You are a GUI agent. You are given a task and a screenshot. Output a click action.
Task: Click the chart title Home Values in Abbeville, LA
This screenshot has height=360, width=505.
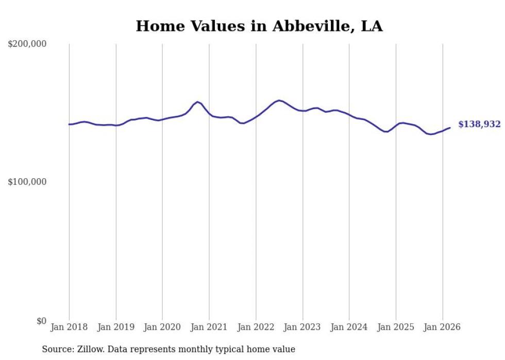[259, 26]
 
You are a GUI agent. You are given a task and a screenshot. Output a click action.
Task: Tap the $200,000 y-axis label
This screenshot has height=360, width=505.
[27, 44]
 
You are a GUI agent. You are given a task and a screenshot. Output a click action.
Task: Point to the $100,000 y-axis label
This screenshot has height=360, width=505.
[27, 182]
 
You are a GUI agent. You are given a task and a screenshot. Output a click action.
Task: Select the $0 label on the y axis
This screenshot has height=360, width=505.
[41, 321]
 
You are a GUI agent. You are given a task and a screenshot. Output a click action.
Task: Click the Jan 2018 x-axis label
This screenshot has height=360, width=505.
[69, 327]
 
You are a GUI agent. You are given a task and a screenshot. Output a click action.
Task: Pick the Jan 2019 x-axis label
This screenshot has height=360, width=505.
[116, 327]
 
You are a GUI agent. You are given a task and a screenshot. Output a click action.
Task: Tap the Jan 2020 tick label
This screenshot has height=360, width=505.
[162, 327]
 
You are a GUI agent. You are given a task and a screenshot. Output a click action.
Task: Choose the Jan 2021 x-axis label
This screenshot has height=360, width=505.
[209, 327]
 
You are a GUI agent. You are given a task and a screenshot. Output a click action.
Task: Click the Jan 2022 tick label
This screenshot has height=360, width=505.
[256, 327]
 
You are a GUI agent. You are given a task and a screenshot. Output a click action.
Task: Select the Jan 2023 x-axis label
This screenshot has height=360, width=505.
[302, 327]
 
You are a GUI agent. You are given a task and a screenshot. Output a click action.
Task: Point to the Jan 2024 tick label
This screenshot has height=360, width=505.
[349, 327]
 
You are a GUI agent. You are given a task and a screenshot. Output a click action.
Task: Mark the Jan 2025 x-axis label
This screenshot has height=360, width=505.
[396, 327]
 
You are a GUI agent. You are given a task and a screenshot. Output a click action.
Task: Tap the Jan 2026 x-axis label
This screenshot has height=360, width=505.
[442, 327]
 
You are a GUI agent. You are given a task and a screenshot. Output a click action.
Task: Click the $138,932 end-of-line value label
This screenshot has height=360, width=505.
[479, 124]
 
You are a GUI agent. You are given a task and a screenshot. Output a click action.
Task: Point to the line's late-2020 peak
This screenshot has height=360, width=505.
[197, 102]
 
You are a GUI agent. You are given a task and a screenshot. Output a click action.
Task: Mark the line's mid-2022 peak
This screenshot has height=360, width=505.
[279, 100]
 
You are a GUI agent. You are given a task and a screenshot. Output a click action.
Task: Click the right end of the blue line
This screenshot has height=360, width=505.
[450, 128]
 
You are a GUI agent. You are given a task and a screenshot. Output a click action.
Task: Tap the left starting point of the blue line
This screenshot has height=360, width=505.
[69, 124]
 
